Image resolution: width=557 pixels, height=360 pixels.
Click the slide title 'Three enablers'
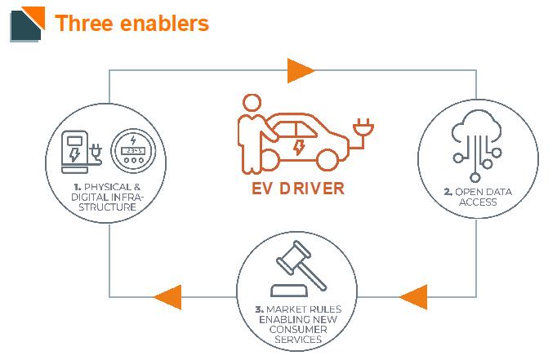tap(131, 23)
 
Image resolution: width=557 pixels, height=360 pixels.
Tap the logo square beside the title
tap(27, 23)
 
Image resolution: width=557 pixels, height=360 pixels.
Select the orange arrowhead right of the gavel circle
tap(414, 296)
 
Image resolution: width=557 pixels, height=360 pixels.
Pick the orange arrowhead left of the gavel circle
tap(167, 296)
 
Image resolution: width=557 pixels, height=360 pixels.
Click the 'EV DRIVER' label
tap(296, 188)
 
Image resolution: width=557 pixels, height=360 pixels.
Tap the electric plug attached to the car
tap(360, 128)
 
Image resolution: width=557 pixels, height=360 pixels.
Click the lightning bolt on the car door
tap(299, 147)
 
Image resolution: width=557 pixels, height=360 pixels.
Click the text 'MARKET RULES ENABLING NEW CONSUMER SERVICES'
tap(298, 324)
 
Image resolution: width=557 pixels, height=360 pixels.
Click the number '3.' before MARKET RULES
tap(260, 309)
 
